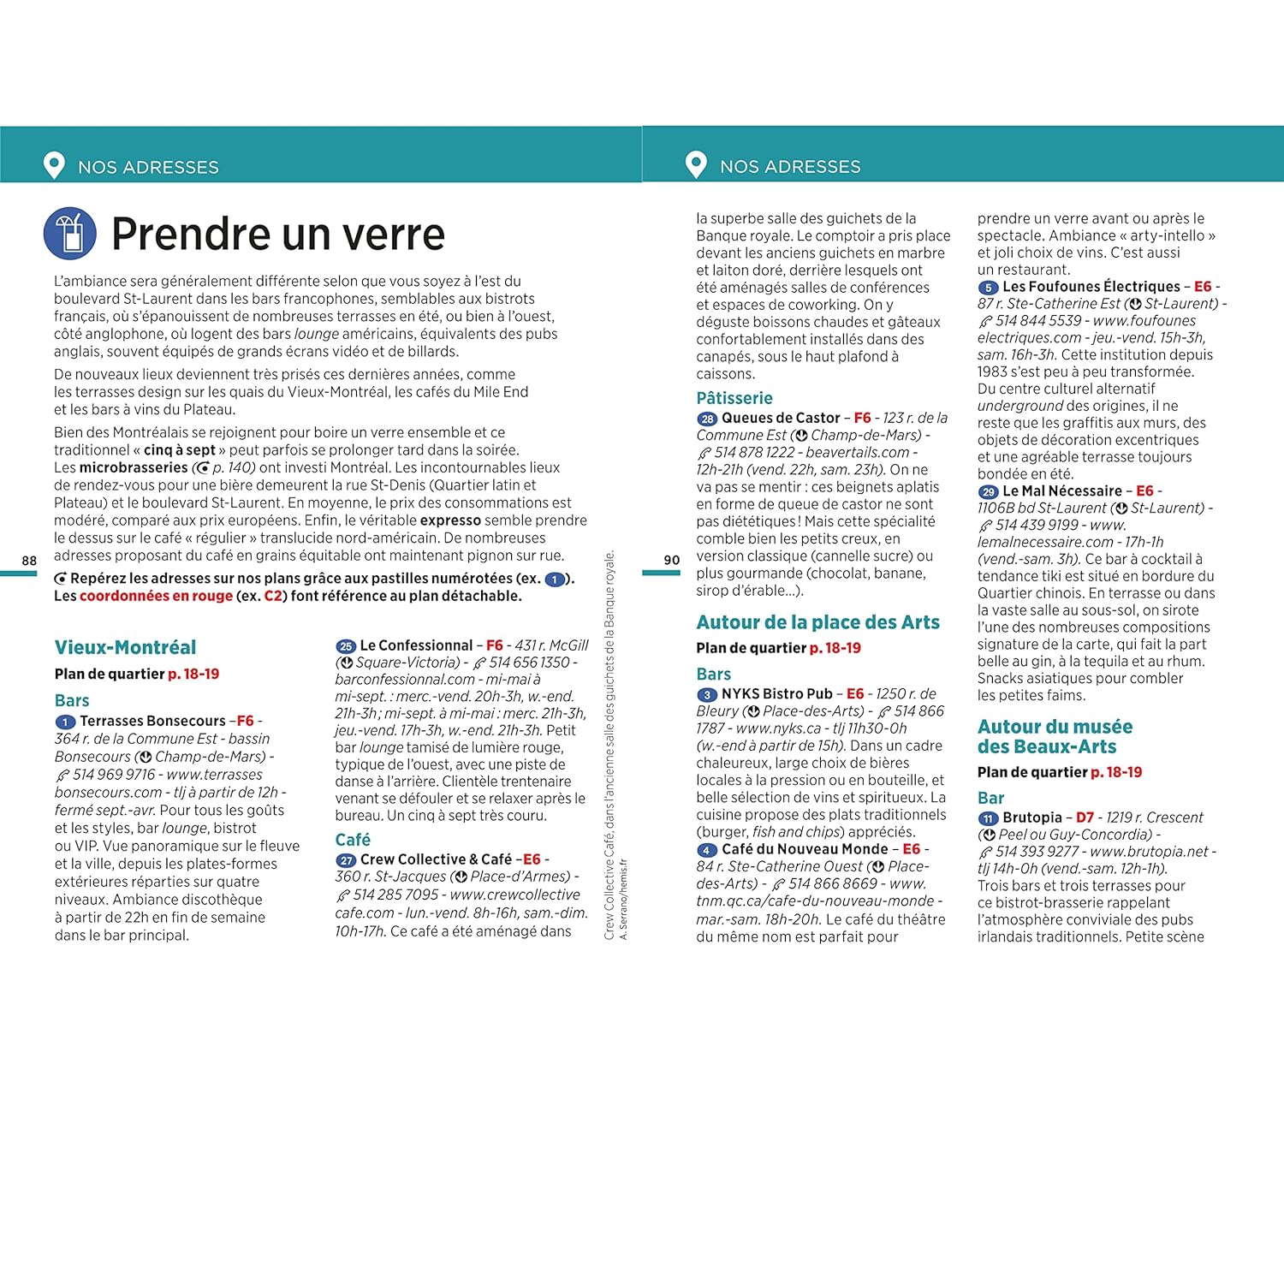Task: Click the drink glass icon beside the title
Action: [x=70, y=234]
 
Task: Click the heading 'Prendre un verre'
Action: [x=278, y=235]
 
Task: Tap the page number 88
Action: [x=29, y=561]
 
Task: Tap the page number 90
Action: [x=672, y=560]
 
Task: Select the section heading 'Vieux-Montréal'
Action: [x=125, y=647]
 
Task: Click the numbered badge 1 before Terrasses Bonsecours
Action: [x=65, y=722]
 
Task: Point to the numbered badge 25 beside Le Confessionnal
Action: [x=346, y=646]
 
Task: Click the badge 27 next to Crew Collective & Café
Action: [x=346, y=860]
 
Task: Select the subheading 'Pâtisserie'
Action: [x=734, y=398]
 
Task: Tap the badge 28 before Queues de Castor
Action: [x=707, y=419]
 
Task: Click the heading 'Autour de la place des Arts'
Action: [x=817, y=622]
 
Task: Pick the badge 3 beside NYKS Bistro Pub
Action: [x=707, y=694]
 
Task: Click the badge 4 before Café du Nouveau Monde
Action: [x=707, y=850]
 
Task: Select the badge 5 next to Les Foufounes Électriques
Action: [x=988, y=288]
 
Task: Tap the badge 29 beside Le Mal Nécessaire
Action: [x=988, y=492]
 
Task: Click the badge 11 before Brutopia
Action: [x=988, y=818]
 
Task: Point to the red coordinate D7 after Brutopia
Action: [x=1085, y=817]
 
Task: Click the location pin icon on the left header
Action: [x=54, y=164]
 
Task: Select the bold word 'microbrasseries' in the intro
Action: [x=133, y=467]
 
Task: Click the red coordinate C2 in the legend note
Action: [x=273, y=596]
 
